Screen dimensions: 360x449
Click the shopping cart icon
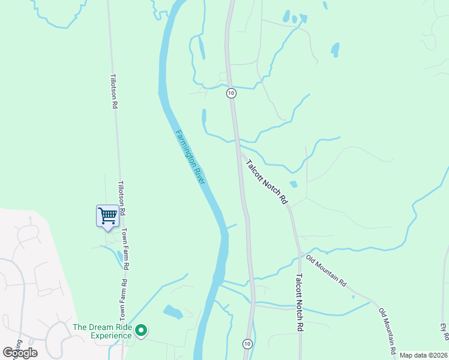(107, 216)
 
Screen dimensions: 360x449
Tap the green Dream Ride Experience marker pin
(141, 330)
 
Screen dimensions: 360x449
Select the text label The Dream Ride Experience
(102, 331)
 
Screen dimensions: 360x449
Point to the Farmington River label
(190, 157)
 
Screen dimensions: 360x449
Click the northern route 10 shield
(231, 93)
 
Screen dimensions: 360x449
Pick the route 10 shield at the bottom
(247, 343)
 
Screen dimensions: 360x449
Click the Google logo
(20, 353)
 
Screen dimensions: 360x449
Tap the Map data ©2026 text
(423, 355)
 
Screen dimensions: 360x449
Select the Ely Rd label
(443, 334)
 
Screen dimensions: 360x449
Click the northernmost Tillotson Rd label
(113, 91)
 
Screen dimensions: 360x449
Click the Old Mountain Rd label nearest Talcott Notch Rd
(327, 271)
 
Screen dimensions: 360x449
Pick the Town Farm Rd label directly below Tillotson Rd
(126, 247)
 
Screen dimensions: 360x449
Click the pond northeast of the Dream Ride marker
(173, 312)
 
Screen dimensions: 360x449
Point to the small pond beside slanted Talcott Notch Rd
(293, 184)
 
